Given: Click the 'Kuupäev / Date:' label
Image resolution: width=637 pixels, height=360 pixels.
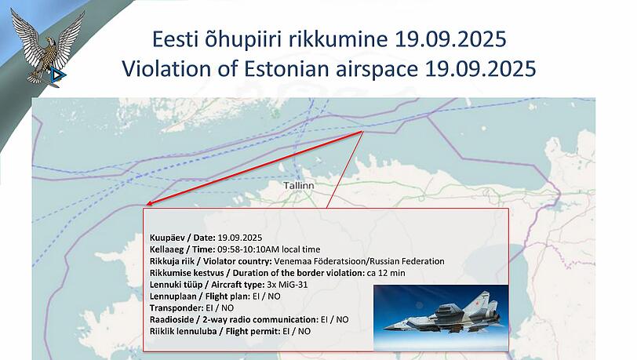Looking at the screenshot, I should click(x=183, y=237).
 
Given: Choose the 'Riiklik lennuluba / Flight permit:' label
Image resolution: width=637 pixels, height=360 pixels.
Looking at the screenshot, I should click(x=214, y=331).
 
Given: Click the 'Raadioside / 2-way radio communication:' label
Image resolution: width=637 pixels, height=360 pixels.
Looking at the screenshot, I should click(x=232, y=319).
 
